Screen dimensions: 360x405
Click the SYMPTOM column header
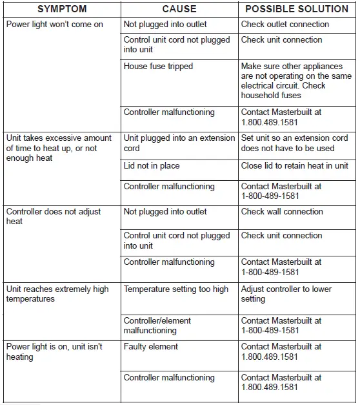(x=62, y=10)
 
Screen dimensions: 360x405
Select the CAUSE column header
(x=179, y=10)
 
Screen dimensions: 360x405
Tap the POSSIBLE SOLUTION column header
(x=296, y=10)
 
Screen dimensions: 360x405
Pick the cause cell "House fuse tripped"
(x=158, y=67)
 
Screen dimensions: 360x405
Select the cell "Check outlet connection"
(x=285, y=25)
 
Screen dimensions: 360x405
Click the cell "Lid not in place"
(x=152, y=166)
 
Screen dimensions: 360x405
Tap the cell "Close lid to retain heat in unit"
(x=294, y=166)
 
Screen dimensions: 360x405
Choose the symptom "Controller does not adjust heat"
(x=54, y=216)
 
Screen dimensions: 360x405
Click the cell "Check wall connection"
(x=282, y=212)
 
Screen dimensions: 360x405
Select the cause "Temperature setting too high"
(x=176, y=289)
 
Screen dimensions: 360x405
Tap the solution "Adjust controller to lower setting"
(x=286, y=294)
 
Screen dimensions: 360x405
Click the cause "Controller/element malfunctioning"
(x=157, y=326)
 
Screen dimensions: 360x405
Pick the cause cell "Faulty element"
(x=150, y=347)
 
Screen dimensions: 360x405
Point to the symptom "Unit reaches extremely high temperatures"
(x=57, y=294)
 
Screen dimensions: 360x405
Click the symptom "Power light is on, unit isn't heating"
(x=54, y=351)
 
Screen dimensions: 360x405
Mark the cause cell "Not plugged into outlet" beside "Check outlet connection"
(x=165, y=25)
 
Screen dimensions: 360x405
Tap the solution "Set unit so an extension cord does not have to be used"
(x=294, y=143)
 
